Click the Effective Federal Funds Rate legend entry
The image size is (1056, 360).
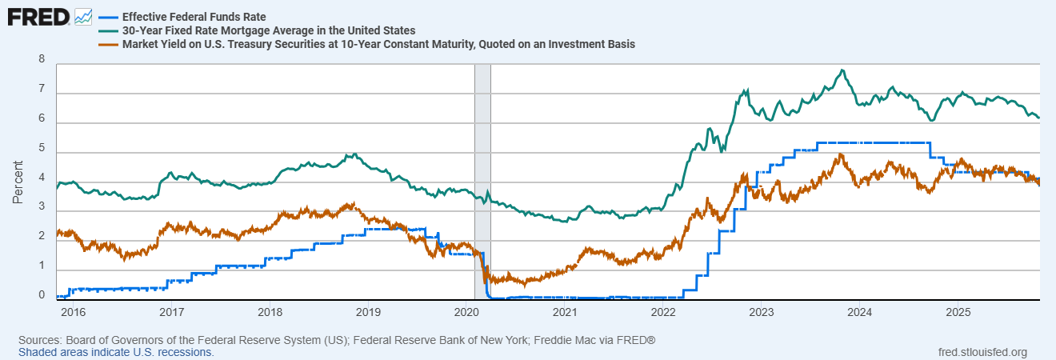[194, 16]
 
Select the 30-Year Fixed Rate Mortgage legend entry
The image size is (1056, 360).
[268, 30]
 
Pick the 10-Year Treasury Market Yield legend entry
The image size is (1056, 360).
[378, 45]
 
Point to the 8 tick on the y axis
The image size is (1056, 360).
[42, 59]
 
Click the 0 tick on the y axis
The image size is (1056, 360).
[42, 295]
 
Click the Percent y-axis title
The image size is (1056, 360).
[18, 179]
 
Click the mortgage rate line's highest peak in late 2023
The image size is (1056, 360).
[842, 70]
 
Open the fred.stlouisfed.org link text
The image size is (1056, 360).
[982, 352]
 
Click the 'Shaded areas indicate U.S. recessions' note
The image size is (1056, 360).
[116, 352]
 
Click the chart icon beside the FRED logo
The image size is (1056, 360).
[82, 16]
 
